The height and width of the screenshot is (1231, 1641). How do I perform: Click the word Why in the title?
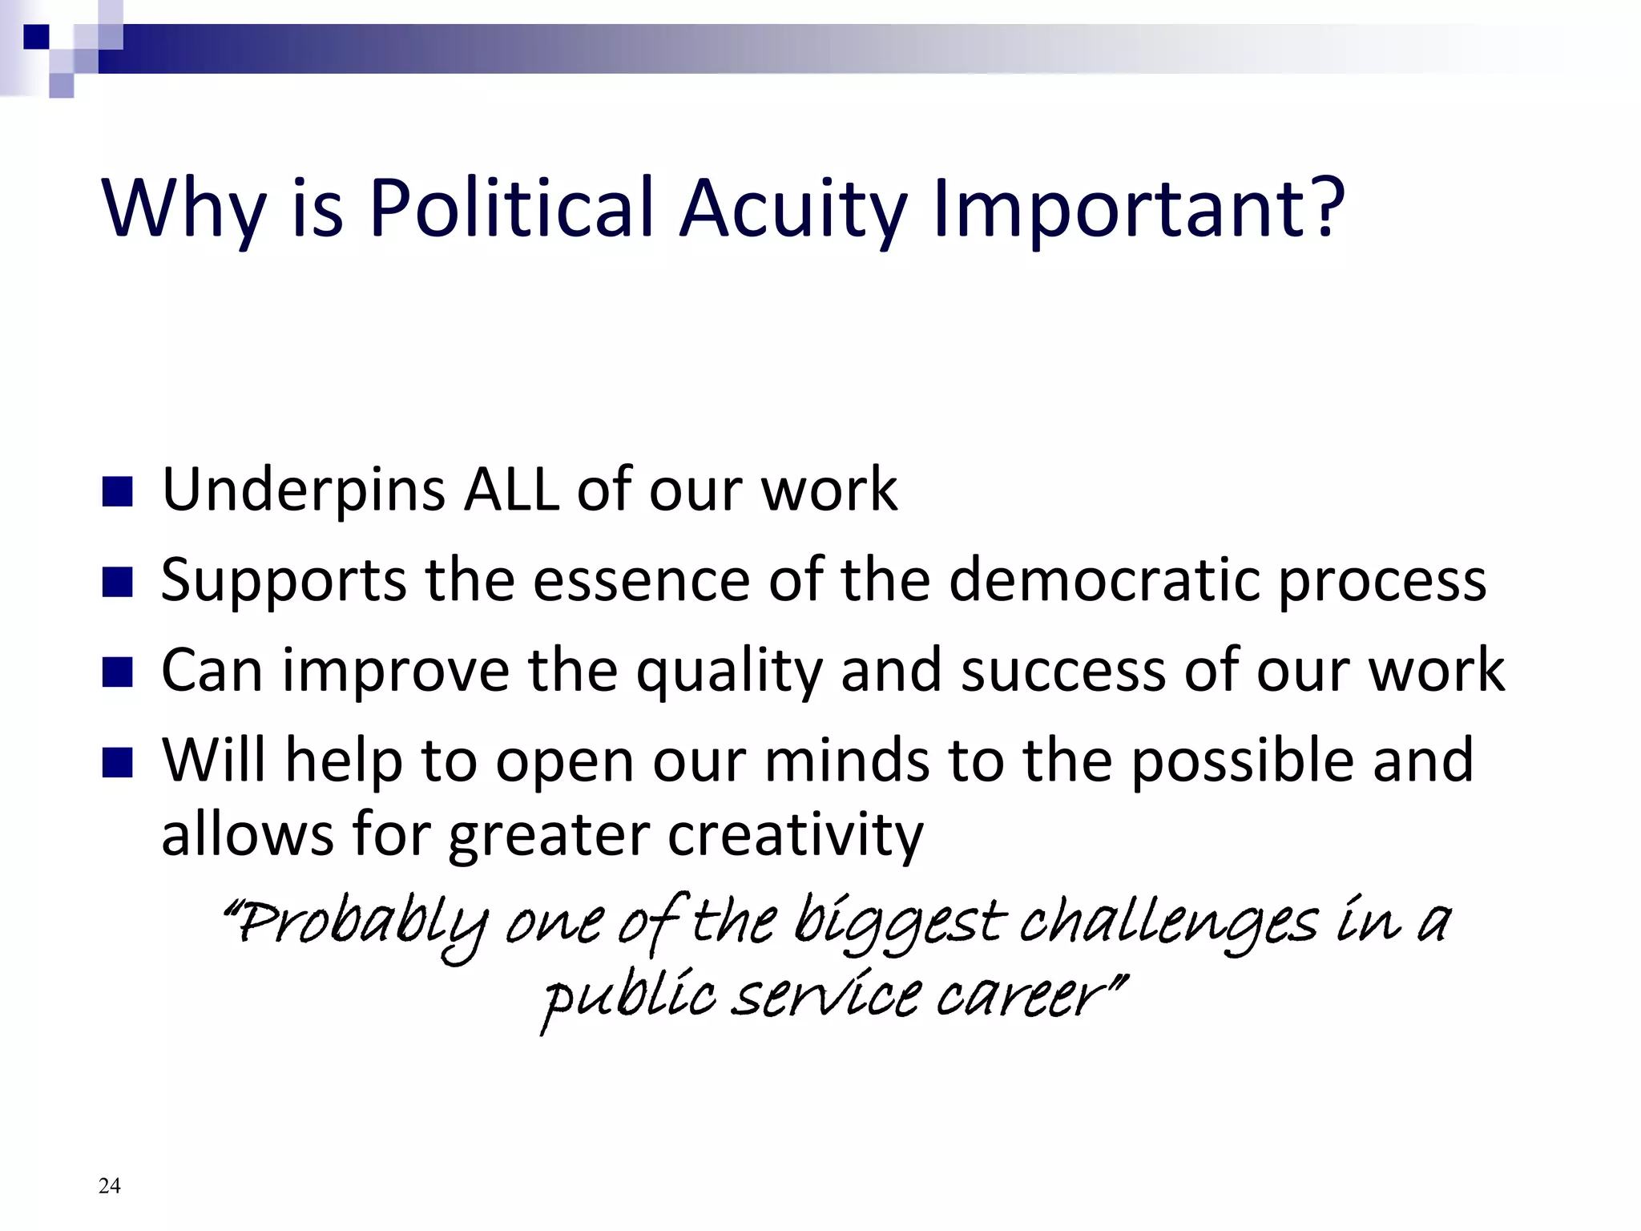[183, 210]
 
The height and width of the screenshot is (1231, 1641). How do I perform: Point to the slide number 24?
[110, 1186]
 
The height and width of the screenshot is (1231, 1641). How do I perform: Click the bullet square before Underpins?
[117, 492]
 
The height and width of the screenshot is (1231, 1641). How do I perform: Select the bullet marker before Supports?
[117, 583]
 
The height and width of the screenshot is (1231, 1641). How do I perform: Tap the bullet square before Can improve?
[117, 673]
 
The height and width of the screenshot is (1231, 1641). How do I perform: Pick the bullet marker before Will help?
[117, 763]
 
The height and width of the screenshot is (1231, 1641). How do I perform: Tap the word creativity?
[795, 835]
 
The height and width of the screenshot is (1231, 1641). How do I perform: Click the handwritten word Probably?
[357, 926]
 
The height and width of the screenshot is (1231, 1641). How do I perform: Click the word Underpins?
[303, 490]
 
